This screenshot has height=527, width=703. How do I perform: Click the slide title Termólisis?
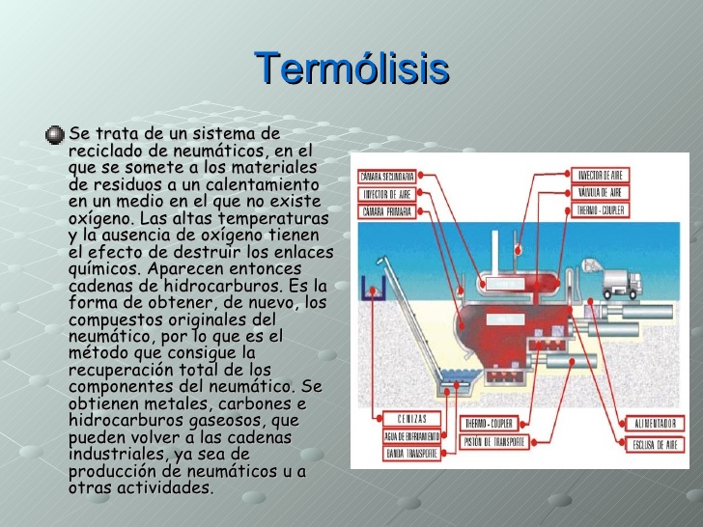351,69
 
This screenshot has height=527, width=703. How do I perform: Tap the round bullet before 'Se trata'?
55,133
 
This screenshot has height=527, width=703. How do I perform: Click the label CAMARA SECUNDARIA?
387,177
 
